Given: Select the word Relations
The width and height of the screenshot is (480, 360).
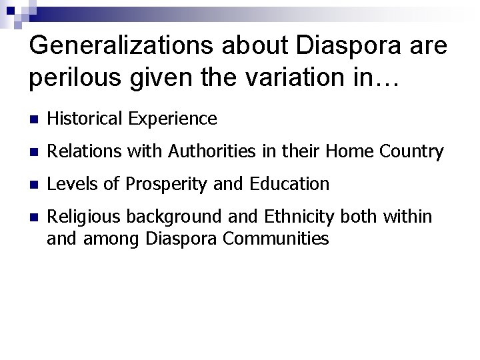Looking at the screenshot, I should [80, 151].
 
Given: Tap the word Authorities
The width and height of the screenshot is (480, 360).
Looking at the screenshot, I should [202, 151].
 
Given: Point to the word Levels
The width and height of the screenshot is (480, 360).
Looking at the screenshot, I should [70, 183].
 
